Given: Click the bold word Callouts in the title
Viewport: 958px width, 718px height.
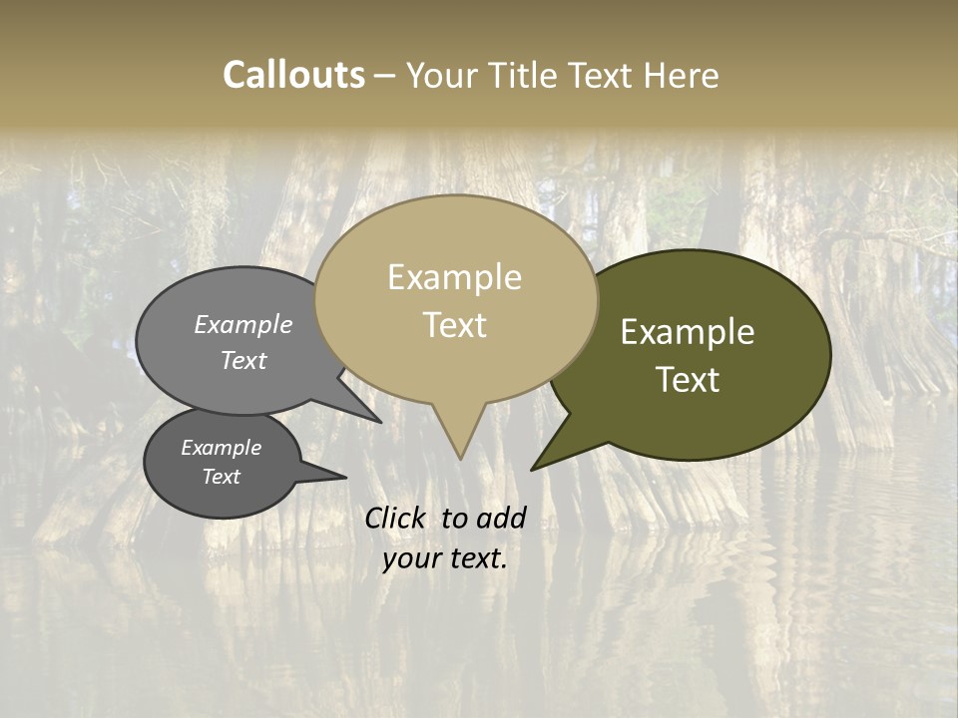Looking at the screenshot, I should coord(293,75).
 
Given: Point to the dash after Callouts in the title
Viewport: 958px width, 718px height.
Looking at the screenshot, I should coord(384,76).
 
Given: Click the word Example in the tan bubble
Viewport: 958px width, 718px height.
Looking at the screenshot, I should coord(454,277).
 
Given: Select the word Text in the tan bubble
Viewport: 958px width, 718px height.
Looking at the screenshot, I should coord(454,325).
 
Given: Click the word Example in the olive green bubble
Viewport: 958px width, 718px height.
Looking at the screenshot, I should coord(688,332).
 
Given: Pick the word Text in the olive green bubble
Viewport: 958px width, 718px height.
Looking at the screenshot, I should coord(688,380).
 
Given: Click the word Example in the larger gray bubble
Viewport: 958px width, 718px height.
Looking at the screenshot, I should coord(243,324).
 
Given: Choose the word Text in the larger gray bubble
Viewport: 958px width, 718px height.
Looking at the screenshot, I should coord(243,360).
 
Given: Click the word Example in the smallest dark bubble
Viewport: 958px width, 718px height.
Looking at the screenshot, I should coord(221,448).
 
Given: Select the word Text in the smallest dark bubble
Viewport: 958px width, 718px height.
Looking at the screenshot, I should coord(221,477).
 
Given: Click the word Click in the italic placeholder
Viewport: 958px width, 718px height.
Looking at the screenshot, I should coord(394,518).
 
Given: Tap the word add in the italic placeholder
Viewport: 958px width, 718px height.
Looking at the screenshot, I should coord(501,518).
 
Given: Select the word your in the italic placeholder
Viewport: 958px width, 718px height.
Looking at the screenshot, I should coord(409,558).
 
